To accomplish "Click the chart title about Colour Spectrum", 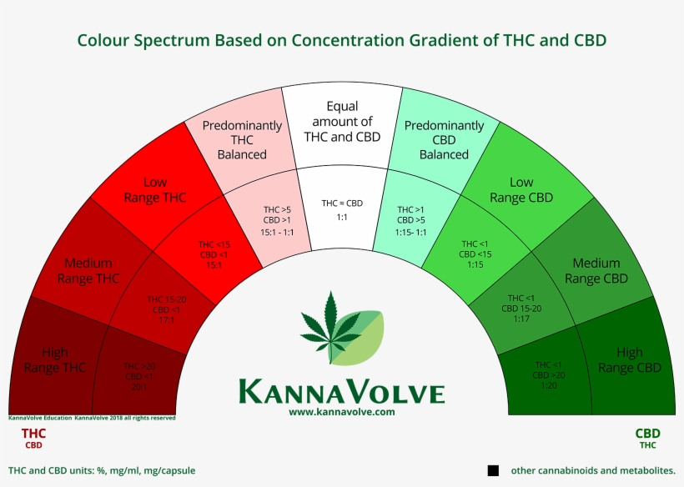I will pos(341,40).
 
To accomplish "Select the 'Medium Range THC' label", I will pos(88,271).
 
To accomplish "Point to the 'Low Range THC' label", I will pos(154,190).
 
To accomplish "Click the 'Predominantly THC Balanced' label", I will pos(242,140).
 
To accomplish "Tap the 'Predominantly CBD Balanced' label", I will pos(444,140).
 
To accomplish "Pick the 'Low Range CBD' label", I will pos(521,190).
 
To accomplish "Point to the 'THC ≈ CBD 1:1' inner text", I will pos(342,209).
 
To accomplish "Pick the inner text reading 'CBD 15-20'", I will pos(521,309).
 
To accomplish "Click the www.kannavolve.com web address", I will pos(341,412).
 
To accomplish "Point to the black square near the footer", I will pos(493,470).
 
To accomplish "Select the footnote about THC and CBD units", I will pos(102,470).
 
